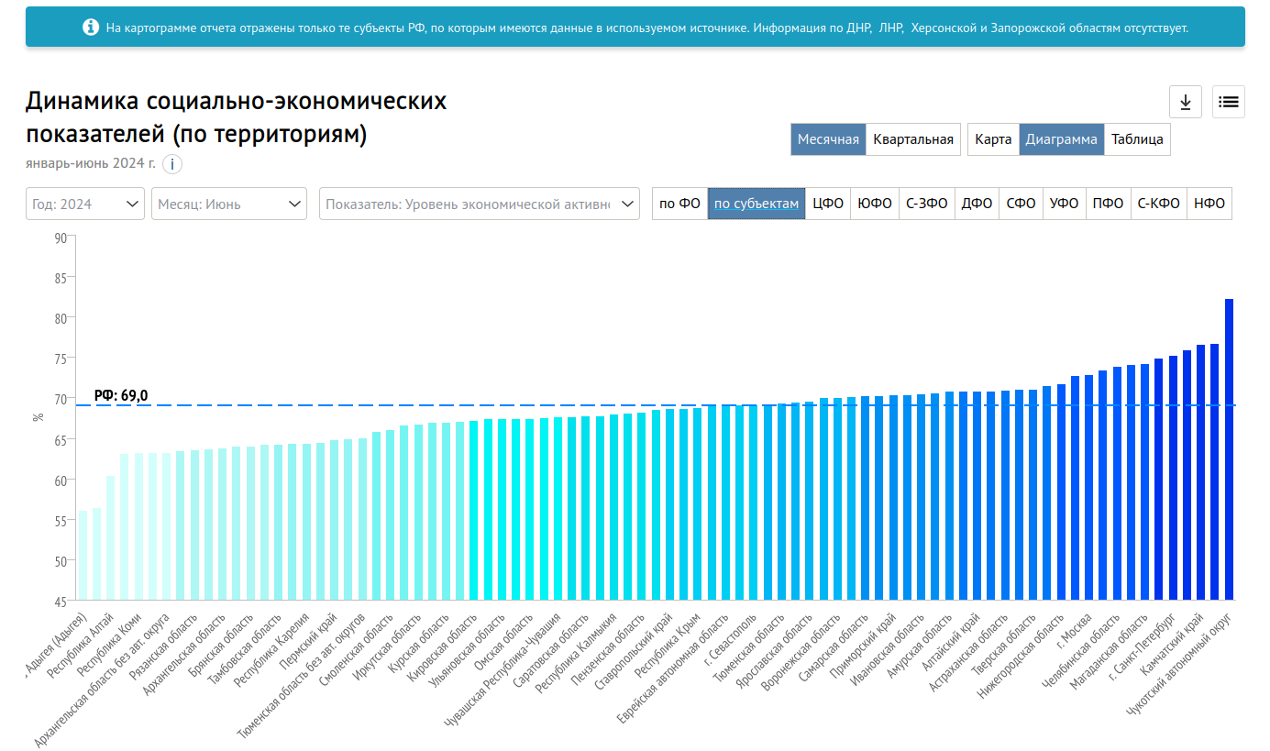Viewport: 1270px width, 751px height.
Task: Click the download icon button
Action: [1185, 102]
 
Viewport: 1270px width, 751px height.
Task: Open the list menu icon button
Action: [1229, 102]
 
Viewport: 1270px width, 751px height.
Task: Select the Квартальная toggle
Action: [912, 139]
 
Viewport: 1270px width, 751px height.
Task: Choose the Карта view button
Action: [993, 139]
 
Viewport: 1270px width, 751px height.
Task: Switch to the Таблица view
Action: [1137, 139]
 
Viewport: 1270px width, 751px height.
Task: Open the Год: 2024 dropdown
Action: [85, 204]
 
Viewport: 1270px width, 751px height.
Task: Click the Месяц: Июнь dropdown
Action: [229, 204]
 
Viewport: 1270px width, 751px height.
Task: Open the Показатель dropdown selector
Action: [479, 204]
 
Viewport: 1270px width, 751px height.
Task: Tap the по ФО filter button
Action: [679, 204]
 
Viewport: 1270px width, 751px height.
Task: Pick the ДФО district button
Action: [977, 204]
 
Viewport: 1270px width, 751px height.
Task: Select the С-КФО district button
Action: [1158, 204]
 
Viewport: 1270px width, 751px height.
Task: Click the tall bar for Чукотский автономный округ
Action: [1229, 448]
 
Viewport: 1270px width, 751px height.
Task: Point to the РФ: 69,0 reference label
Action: [121, 396]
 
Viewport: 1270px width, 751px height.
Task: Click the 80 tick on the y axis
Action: [60, 318]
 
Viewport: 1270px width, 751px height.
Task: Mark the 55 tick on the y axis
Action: [60, 521]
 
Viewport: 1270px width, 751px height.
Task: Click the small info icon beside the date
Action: [172, 164]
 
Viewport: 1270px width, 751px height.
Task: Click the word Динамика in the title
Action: [83, 101]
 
